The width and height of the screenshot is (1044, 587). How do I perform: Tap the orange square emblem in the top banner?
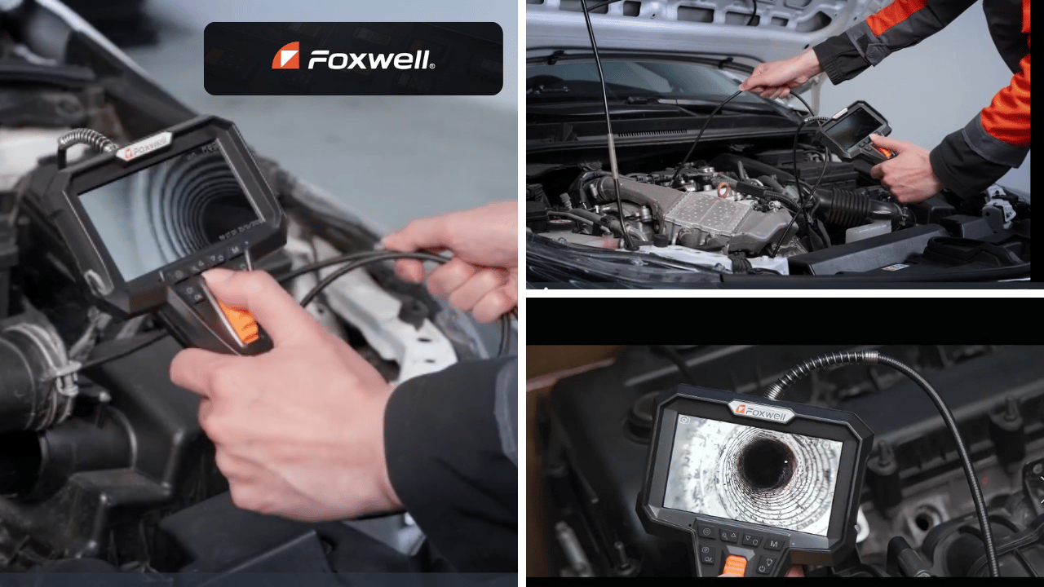(285, 55)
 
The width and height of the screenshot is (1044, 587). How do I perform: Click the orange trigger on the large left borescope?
(239, 320)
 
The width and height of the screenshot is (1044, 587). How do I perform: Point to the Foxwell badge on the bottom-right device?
(761, 412)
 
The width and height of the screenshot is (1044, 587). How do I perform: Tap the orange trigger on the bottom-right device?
(735, 566)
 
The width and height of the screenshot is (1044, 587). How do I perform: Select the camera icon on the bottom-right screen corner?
(684, 420)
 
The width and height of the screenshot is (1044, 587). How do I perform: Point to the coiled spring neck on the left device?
(89, 139)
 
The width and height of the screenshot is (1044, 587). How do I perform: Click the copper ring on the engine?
(723, 190)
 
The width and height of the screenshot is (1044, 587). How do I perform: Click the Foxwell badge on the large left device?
(144, 146)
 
